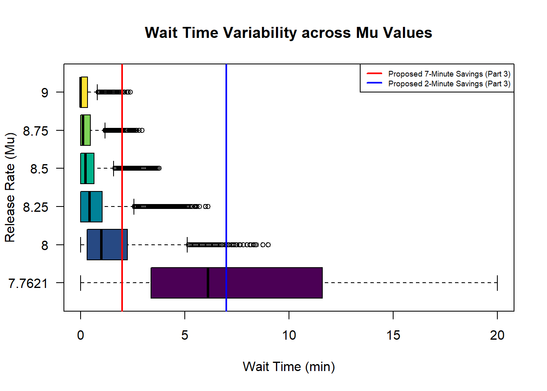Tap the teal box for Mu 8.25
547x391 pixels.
96,206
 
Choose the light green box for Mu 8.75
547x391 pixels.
87,130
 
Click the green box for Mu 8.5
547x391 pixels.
90,168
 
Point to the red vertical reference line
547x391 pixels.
122,187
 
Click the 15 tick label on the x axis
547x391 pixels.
393,335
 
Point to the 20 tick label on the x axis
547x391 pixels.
497,335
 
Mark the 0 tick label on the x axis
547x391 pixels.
81,335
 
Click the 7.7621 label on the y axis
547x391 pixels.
28,283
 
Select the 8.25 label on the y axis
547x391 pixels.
35,207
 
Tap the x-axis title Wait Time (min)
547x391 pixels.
289,367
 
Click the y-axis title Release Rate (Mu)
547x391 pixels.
10,187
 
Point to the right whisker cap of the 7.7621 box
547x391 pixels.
497,283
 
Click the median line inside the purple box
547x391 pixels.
208,283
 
